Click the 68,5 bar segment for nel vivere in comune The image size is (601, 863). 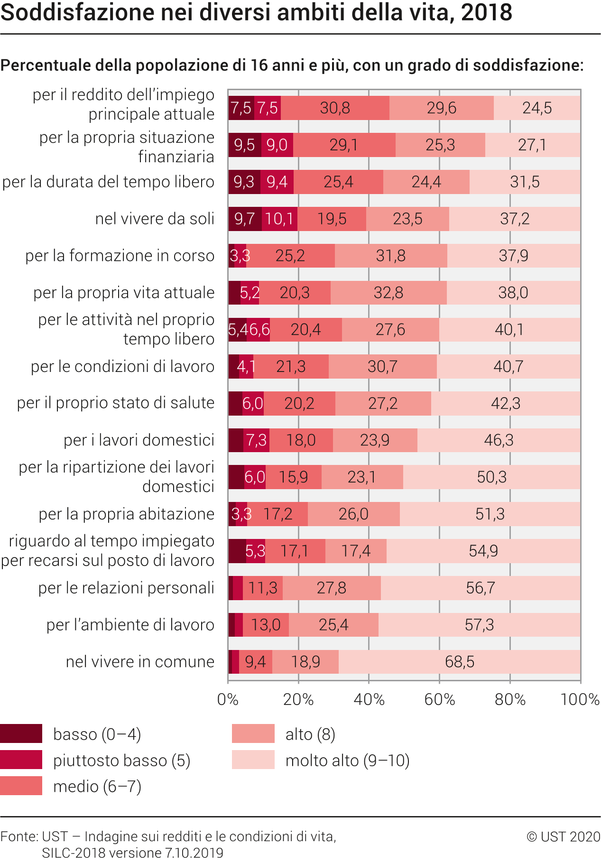pyautogui.click(x=459, y=661)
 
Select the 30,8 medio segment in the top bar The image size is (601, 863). pyautogui.click(x=335, y=108)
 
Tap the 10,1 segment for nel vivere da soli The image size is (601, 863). pyautogui.click(x=279, y=219)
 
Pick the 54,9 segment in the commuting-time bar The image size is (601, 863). pyautogui.click(x=483, y=551)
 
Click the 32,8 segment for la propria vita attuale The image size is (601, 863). pyautogui.click(x=388, y=293)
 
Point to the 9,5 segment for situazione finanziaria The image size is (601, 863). pyautogui.click(x=244, y=145)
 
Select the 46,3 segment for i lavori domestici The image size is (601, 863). pyautogui.click(x=499, y=440)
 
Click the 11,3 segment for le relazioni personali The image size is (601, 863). pyautogui.click(x=263, y=588)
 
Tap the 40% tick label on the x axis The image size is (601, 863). pyautogui.click(x=369, y=699)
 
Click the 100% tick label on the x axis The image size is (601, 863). pyautogui.click(x=580, y=699)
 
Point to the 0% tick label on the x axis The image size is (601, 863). pyautogui.click(x=228, y=699)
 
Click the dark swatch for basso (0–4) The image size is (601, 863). pyautogui.click(x=21, y=733)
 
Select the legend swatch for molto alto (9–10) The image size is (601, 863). pyautogui.click(x=253, y=760)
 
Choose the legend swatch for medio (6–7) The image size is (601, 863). pyautogui.click(x=21, y=786)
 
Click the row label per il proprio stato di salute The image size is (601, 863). pyautogui.click(x=116, y=403)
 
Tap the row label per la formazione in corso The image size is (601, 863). pyautogui.click(x=120, y=256)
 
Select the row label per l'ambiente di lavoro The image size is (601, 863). pyautogui.click(x=130, y=625)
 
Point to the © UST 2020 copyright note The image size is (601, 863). pyautogui.click(x=563, y=836)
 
